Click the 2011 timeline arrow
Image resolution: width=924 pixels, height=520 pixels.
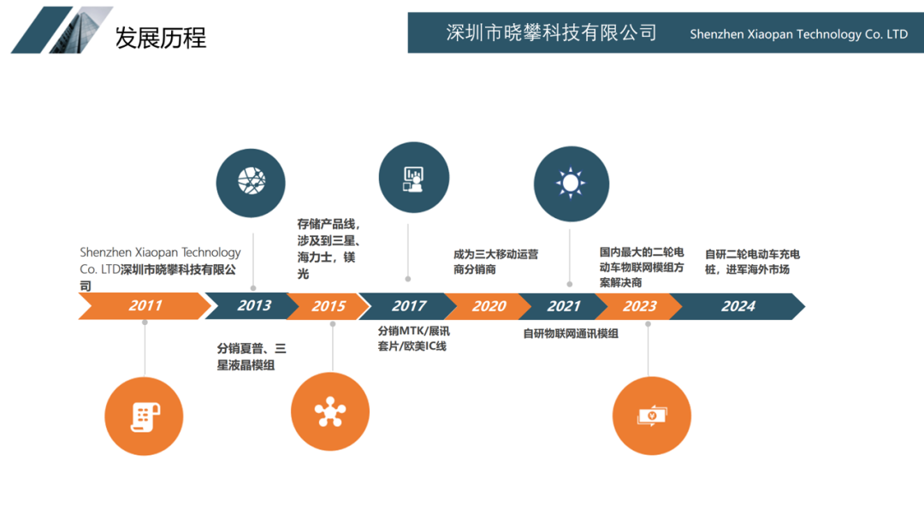[x=144, y=305]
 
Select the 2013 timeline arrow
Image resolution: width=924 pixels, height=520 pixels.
[x=253, y=305]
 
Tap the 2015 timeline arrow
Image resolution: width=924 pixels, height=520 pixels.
[x=329, y=305]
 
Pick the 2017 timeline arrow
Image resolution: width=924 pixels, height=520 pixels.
[x=408, y=305]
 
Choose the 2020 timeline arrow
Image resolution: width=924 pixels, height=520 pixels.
[x=489, y=305]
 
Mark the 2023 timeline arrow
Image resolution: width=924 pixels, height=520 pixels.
[x=640, y=305]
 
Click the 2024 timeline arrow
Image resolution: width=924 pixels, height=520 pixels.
[x=737, y=305]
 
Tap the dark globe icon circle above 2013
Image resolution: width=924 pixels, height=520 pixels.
[x=252, y=180]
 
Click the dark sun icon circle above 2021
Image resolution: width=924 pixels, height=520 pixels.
[x=571, y=182]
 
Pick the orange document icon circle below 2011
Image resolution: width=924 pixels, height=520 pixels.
[x=143, y=417]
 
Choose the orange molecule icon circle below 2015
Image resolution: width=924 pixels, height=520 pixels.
[x=330, y=412]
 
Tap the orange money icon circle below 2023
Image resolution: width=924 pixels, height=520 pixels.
[x=651, y=416]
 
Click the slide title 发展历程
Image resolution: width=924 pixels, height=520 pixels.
[x=161, y=38]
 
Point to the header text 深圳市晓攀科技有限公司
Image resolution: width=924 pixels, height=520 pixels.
[x=551, y=33]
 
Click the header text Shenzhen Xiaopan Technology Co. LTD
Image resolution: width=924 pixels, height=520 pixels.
[x=798, y=34]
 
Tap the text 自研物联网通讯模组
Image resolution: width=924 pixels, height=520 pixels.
[x=571, y=334]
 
